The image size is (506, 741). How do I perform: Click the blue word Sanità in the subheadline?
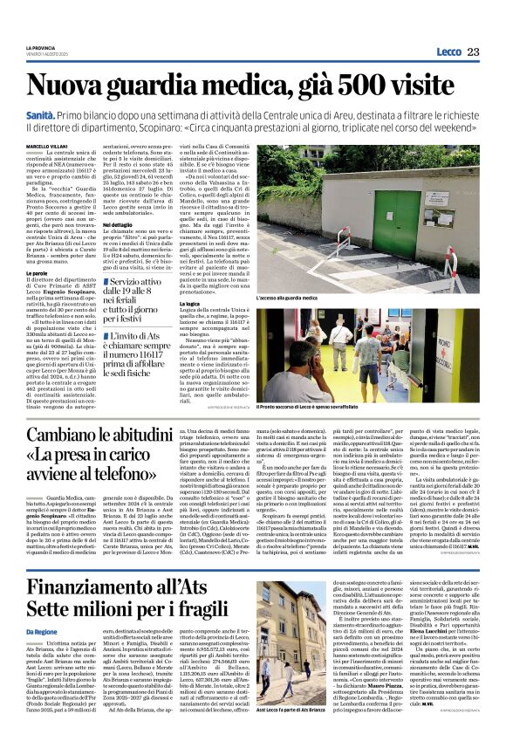pyautogui.click(x=39, y=114)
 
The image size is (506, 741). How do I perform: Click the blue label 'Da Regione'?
pyautogui.click(x=40, y=631)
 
